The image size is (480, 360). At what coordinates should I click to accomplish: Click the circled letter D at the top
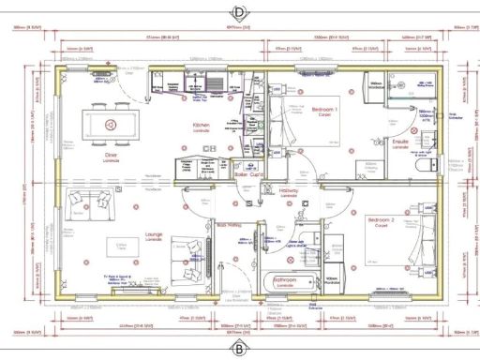coord(239,12)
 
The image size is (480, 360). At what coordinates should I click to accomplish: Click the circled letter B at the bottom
coord(239,349)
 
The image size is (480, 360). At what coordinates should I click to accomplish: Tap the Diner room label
coord(111,155)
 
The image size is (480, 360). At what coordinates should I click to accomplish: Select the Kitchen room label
coord(202,126)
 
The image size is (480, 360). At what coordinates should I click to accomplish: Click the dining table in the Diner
coord(112,123)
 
